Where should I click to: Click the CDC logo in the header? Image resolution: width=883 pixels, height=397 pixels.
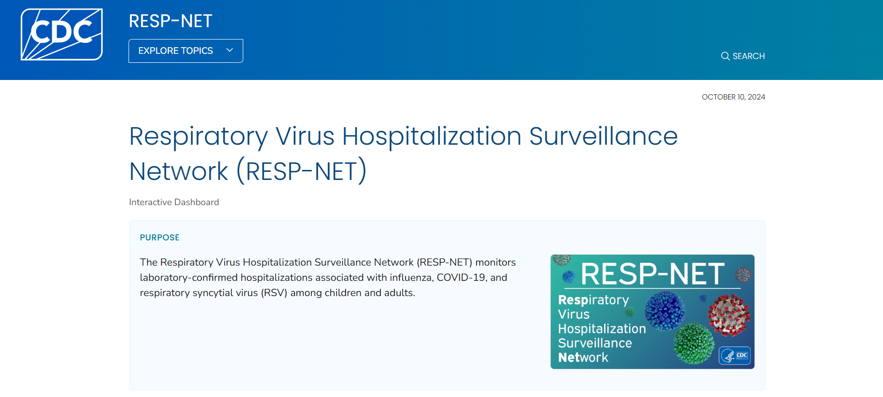[61, 34]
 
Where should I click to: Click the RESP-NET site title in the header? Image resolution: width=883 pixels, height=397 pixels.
[170, 21]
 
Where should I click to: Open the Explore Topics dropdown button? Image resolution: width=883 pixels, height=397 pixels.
[176, 51]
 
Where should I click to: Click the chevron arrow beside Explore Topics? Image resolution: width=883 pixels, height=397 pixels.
[229, 50]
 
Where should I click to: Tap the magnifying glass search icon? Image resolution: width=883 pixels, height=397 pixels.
[725, 56]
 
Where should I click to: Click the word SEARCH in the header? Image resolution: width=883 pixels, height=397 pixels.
[748, 56]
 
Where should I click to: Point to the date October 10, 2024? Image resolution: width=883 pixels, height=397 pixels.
[733, 97]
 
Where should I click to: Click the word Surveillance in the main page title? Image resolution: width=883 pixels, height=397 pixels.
[603, 137]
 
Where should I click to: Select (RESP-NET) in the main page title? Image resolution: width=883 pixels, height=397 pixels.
[302, 171]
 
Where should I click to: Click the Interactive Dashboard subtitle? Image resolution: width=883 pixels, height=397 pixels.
[174, 202]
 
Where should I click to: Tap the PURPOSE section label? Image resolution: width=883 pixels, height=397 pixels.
[159, 238]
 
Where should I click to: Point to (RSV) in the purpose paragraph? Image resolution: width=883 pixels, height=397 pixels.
[274, 293]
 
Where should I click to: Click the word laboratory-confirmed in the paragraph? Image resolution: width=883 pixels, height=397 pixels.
[189, 278]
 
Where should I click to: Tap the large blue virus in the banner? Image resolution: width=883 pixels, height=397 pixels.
[665, 311]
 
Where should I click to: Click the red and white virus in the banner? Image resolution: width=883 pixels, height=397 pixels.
[728, 314]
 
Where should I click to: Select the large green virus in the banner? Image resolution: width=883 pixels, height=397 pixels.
[694, 343]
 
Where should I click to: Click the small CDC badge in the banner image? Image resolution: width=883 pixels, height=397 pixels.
[735, 356]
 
